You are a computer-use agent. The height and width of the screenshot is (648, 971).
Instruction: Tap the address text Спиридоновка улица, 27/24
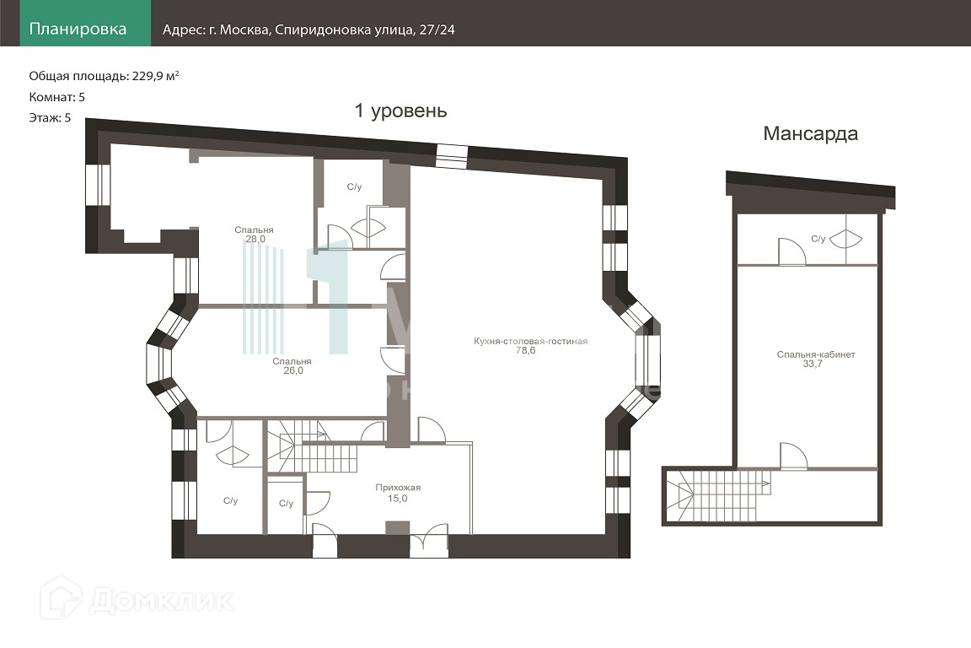(x=365, y=30)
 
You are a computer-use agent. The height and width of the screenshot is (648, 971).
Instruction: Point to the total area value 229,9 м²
(x=155, y=76)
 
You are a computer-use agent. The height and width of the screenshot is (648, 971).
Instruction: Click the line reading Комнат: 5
(x=57, y=97)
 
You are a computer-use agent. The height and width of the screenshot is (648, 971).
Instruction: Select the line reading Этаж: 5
(x=51, y=118)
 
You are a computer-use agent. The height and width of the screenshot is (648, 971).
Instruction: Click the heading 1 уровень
(x=400, y=111)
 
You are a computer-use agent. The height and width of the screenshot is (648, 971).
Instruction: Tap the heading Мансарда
(x=810, y=134)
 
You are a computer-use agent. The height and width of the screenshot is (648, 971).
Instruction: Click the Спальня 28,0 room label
(x=254, y=235)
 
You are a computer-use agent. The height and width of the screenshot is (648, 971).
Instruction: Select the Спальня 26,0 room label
(x=292, y=366)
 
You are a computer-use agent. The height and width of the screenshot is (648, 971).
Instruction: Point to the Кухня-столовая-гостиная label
(x=531, y=341)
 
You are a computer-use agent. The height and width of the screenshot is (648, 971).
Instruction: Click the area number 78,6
(x=525, y=350)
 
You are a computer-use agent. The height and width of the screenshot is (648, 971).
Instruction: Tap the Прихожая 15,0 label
(x=398, y=493)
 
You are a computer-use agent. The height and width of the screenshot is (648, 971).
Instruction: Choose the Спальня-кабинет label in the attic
(x=816, y=354)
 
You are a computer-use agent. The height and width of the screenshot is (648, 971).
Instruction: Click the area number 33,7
(x=813, y=364)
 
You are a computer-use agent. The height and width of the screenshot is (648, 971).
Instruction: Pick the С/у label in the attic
(x=818, y=239)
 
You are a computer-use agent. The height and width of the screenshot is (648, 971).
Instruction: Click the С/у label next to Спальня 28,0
(x=354, y=186)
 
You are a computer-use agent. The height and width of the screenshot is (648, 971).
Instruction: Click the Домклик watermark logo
(x=137, y=598)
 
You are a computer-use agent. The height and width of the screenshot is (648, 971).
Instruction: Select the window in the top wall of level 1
(x=452, y=156)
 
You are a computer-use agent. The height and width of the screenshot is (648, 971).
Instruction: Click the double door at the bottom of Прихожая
(x=428, y=541)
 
